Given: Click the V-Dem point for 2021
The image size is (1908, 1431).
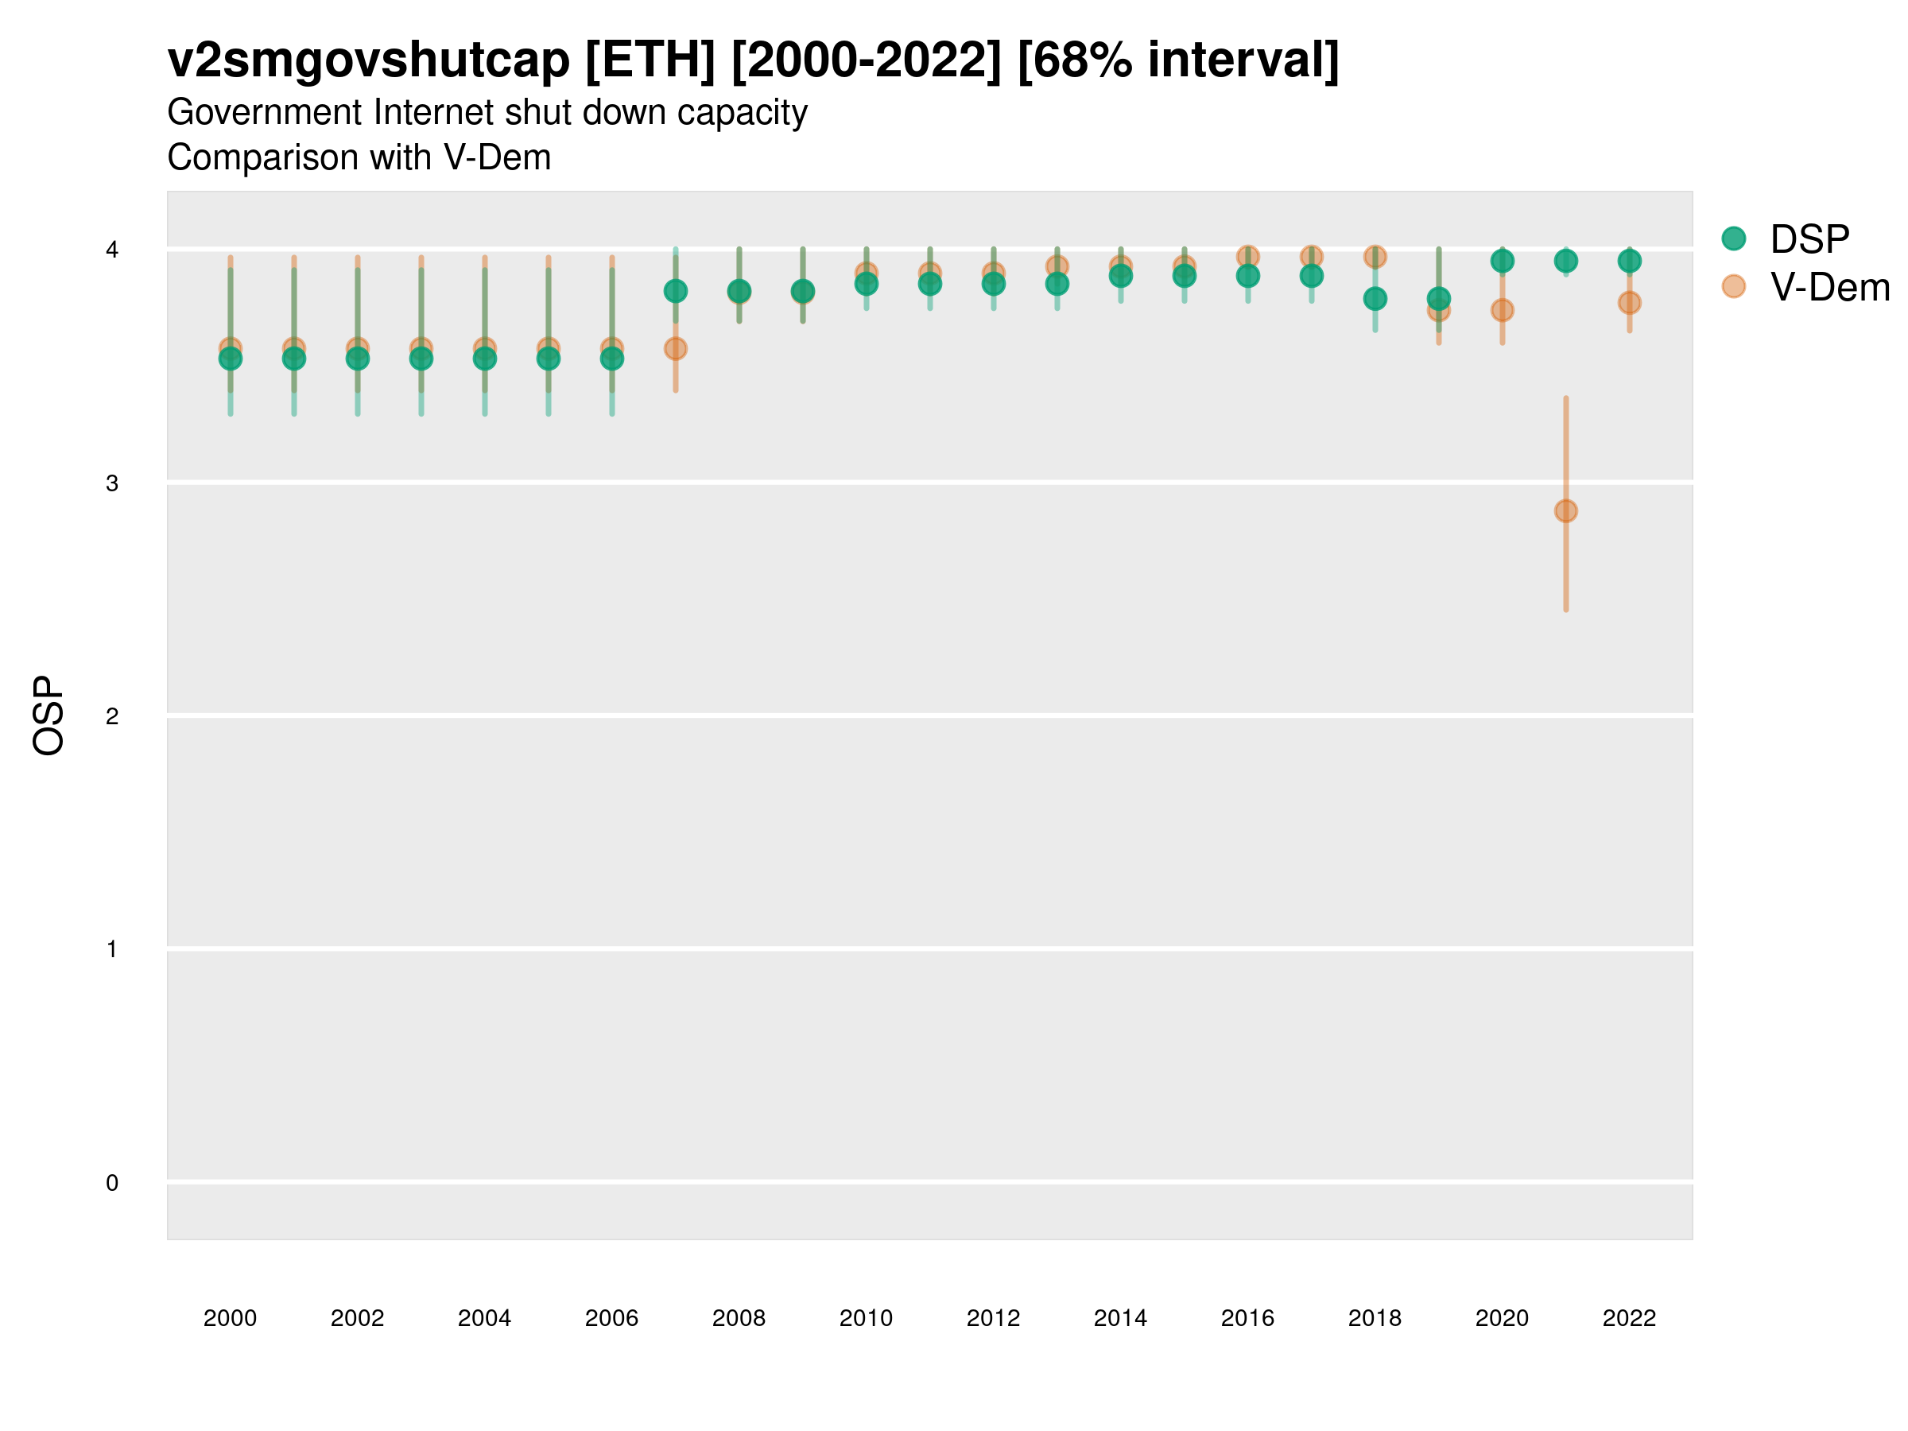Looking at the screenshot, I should [1565, 511].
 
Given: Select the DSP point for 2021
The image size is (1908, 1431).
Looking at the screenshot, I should [1565, 261].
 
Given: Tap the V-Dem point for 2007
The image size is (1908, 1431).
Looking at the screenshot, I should [676, 348].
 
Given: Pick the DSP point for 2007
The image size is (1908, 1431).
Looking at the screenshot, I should [676, 292].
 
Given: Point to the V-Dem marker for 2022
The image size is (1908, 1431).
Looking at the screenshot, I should [1630, 303].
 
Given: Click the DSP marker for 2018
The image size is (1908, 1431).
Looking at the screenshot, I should [1375, 299].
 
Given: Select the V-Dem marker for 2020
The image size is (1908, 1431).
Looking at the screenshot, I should [1502, 310].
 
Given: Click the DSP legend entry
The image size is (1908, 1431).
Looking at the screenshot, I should [1809, 239].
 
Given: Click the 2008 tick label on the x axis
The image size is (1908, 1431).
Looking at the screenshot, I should [739, 1318].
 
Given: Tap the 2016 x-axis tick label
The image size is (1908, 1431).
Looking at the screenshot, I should [1247, 1318].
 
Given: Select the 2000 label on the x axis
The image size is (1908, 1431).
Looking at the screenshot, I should [230, 1318].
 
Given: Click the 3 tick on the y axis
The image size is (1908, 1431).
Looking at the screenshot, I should [112, 483].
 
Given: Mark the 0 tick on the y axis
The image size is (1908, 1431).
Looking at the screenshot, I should [112, 1183].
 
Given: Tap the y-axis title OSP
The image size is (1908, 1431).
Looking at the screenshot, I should [49, 716].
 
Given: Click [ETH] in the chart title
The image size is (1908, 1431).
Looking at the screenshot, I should [650, 60].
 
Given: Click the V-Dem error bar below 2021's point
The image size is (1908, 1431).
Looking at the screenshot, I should [1565, 569].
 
